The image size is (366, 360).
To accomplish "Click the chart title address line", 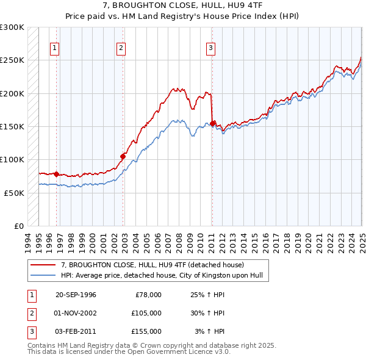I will point(182,5).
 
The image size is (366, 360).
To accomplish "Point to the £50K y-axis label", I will point(15,193).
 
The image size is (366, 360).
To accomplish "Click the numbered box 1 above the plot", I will point(55,48).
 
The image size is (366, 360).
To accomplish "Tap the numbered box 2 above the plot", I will point(121,48).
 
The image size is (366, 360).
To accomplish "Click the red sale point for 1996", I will point(57,174).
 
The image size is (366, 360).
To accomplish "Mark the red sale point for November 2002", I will point(123,156).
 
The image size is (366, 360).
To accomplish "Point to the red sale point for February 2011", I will point(212,123).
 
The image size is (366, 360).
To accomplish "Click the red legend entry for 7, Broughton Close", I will point(152,265).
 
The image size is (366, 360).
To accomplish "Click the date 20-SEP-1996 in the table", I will point(76,295).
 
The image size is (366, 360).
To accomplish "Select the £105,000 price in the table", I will point(146,313).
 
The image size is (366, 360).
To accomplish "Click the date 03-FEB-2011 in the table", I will point(76,331).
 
